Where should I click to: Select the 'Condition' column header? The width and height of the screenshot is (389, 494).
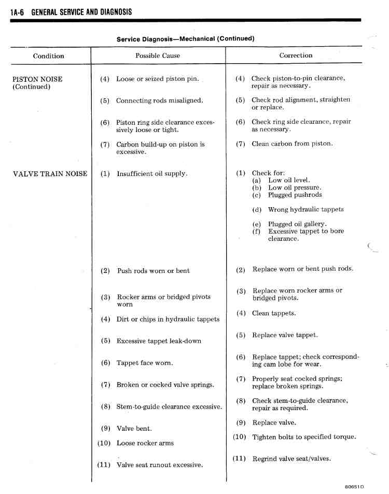[48, 56]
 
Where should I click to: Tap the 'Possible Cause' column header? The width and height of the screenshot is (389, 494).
[158, 55]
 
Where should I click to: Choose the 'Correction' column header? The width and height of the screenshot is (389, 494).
[296, 55]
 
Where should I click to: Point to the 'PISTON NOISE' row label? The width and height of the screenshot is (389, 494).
[37, 79]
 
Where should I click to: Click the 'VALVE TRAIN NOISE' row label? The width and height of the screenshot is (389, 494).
[50, 174]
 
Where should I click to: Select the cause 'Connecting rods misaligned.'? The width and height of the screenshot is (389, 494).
[160, 100]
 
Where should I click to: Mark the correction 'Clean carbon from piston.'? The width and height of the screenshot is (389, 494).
[292, 144]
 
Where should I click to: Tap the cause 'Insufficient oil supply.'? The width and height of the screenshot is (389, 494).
[152, 174]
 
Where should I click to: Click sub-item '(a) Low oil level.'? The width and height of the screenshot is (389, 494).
[289, 180]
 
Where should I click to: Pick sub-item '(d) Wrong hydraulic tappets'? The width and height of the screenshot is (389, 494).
[305, 210]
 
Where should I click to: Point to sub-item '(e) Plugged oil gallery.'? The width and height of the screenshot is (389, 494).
[297, 224]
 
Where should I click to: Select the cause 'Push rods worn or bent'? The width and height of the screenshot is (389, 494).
[154, 271]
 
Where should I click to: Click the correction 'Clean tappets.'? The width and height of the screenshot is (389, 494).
[274, 313]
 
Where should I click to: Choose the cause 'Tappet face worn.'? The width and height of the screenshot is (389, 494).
[145, 363]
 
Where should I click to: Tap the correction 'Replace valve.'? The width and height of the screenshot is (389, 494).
[274, 423]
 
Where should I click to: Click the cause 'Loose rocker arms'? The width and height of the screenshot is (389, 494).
[145, 443]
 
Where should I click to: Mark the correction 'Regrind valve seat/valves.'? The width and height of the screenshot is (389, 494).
[291, 459]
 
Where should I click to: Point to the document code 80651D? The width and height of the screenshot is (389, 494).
[354, 487]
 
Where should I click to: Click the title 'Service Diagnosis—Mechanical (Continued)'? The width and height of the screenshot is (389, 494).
[185, 39]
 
